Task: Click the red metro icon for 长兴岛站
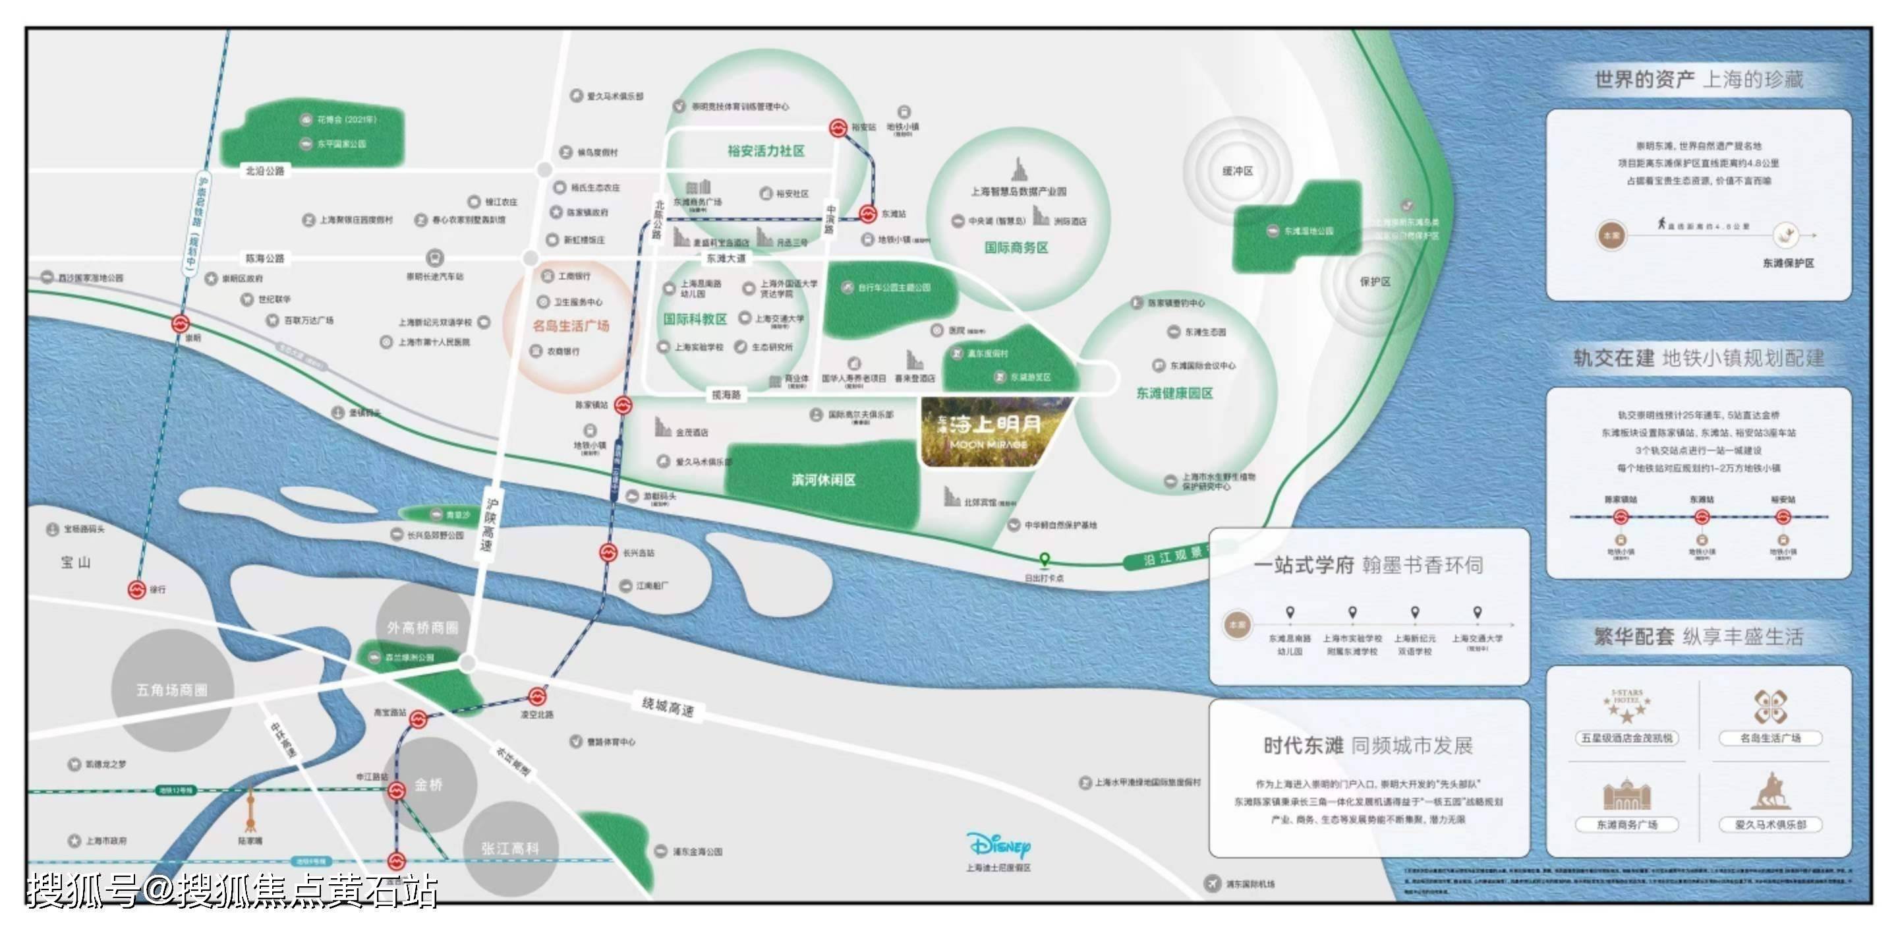click(608, 552)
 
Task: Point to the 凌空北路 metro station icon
click(537, 696)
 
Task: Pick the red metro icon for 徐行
click(137, 589)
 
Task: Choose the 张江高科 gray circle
click(511, 849)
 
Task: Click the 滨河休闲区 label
click(823, 480)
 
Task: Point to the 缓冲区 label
click(1237, 171)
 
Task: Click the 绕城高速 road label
click(668, 707)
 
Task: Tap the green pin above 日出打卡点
click(1044, 560)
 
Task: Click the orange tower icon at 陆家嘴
click(250, 810)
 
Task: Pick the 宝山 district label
click(76, 562)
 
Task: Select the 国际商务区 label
click(1016, 248)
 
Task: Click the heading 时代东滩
click(1304, 746)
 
